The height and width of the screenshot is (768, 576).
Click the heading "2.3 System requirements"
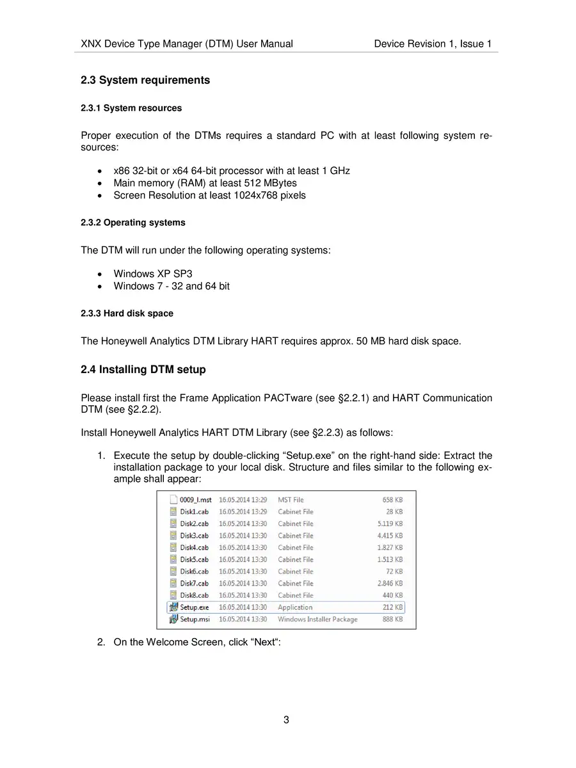[x=145, y=81]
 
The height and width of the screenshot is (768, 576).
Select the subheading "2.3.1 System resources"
[x=131, y=108]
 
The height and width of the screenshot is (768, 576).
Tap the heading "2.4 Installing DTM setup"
[x=143, y=370]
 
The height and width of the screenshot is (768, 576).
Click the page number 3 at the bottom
[x=286, y=719]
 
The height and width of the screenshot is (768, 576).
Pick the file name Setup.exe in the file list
[x=194, y=607]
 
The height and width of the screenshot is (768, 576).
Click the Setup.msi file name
[x=195, y=620]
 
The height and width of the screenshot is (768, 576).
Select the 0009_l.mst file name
[x=195, y=500]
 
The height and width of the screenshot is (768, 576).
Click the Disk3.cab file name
[x=194, y=536]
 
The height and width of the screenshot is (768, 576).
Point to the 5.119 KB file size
[x=390, y=524]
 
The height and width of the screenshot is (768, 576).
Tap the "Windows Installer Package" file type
[x=317, y=620]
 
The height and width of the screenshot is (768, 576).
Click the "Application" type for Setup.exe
[x=295, y=607]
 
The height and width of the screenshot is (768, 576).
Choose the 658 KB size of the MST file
[x=392, y=500]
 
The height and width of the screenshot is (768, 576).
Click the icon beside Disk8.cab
[x=173, y=595]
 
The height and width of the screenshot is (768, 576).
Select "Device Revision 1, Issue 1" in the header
[x=433, y=44]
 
